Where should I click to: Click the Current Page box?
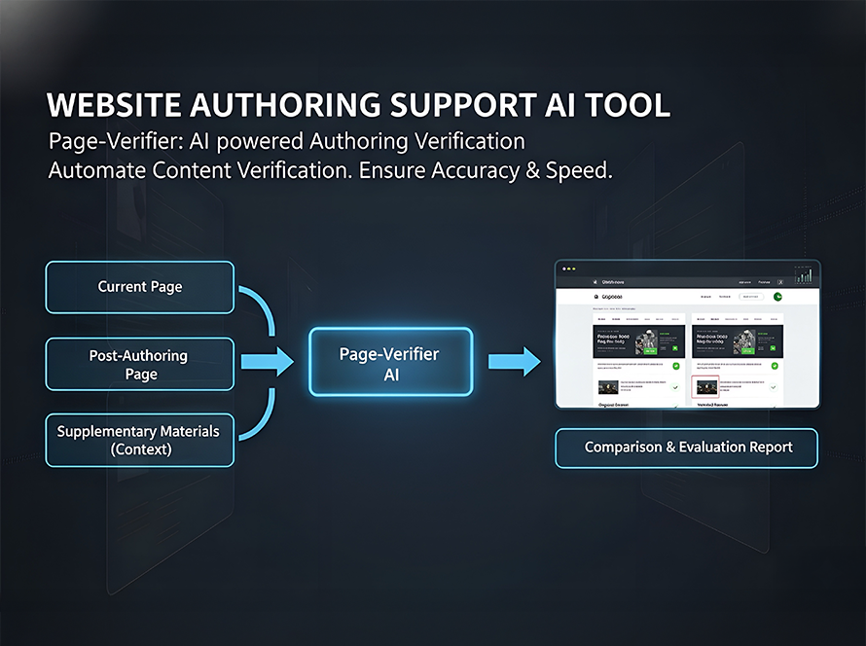click(x=140, y=287)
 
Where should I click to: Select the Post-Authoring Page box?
click(x=140, y=364)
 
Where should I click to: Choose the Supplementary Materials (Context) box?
click(x=140, y=440)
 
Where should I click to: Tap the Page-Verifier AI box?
click(x=390, y=363)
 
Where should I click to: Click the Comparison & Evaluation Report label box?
click(x=687, y=448)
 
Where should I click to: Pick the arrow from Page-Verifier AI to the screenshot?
click(x=514, y=363)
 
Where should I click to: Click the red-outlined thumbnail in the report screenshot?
click(x=704, y=386)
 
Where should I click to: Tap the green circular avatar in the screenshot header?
click(x=777, y=297)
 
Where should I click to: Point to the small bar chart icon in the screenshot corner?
click(x=803, y=275)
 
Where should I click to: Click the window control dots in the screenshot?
click(x=566, y=267)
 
